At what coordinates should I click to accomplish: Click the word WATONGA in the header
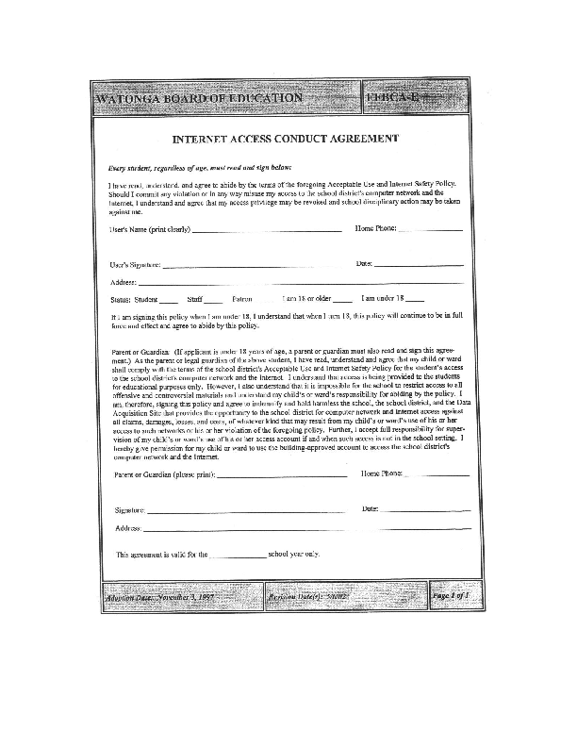[x=129, y=99]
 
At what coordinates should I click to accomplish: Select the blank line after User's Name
[x=266, y=229]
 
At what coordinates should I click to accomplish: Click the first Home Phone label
[x=375, y=229]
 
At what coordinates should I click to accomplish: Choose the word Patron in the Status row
[x=242, y=299]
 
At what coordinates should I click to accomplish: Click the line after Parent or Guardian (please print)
[x=282, y=474]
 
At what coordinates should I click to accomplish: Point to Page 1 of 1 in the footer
[x=450, y=597]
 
